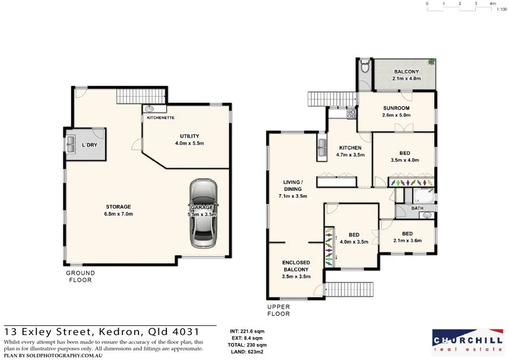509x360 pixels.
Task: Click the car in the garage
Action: click(x=203, y=214)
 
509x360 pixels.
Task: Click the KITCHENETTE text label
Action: click(x=160, y=118)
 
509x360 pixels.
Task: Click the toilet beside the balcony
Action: click(x=365, y=67)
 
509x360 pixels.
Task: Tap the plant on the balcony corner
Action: click(x=432, y=62)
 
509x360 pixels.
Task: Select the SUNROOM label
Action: click(x=396, y=108)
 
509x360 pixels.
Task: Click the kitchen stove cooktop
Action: click(x=351, y=112)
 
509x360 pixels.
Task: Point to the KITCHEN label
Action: click(x=350, y=148)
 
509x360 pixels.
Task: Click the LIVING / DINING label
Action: click(x=293, y=186)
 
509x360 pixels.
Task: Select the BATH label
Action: click(x=417, y=208)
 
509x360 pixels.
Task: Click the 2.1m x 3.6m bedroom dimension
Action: click(x=407, y=241)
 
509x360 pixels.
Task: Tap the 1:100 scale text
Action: click(x=501, y=10)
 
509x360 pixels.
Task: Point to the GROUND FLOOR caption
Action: click(x=80, y=276)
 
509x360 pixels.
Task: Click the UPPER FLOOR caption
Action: click(x=278, y=310)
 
